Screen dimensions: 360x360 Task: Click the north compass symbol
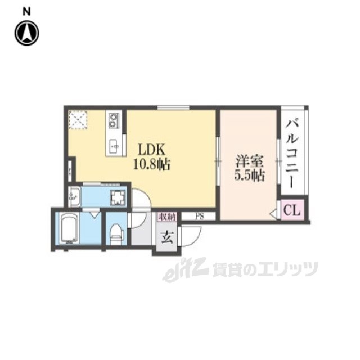27,33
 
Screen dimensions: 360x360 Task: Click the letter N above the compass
27,10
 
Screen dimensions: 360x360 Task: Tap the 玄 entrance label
167,237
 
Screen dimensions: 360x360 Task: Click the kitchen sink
115,144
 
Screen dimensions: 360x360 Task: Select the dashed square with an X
78,119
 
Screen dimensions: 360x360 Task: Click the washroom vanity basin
75,197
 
